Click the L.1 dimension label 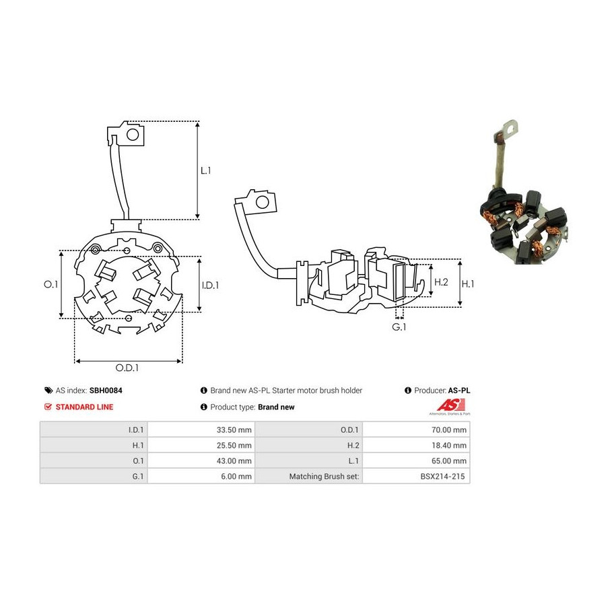[205, 170]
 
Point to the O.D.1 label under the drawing [127, 368]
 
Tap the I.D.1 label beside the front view [210, 285]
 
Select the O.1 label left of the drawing [50, 284]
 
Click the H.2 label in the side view [441, 282]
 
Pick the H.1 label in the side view [468, 284]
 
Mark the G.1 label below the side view [399, 327]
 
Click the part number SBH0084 [106, 391]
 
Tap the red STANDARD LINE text [84, 407]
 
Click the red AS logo [450, 405]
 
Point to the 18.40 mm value [448, 445]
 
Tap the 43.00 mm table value [234, 461]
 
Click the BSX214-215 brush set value [442, 476]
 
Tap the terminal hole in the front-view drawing [133, 135]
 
